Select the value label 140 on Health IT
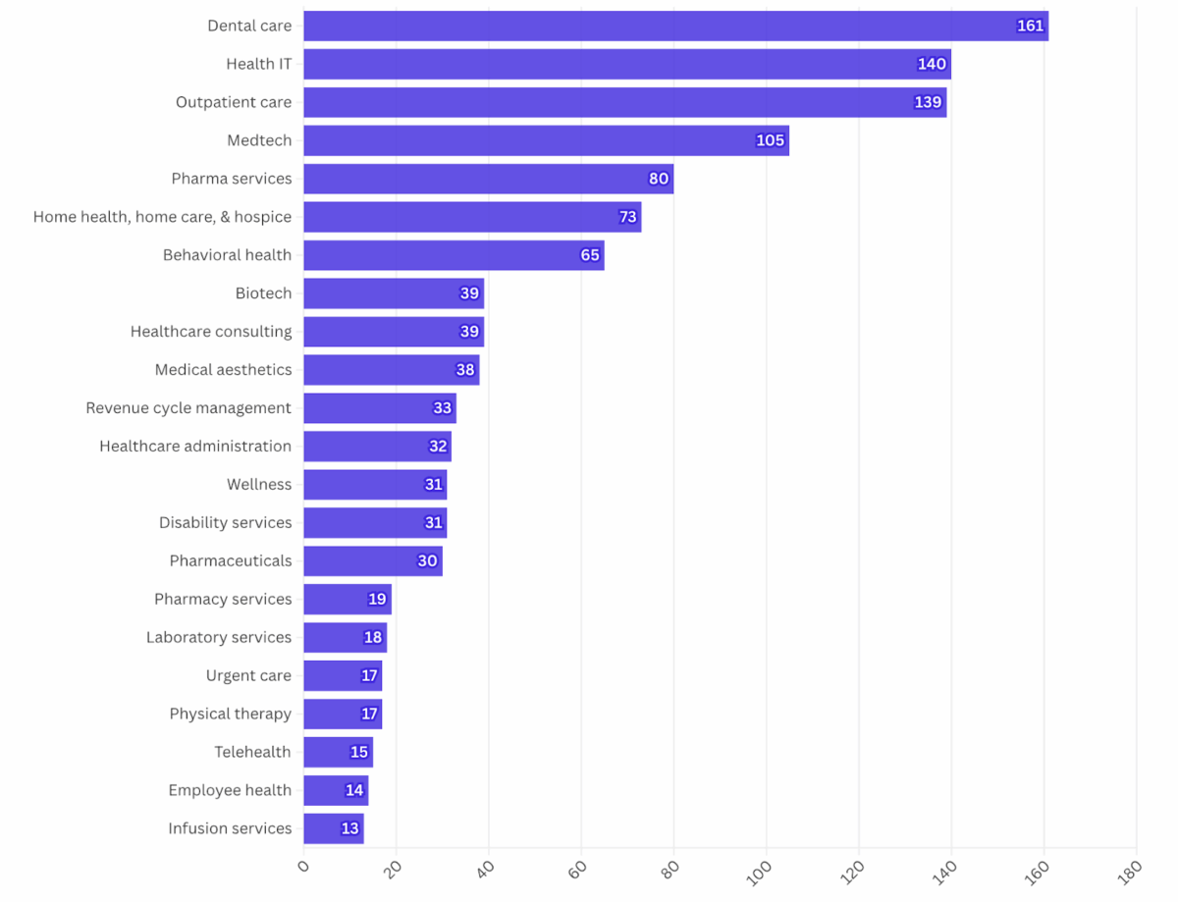(x=932, y=64)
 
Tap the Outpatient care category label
(x=234, y=102)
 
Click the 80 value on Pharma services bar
(x=658, y=179)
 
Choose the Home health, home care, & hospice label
(x=162, y=217)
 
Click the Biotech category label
(x=263, y=293)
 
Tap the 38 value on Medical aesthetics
(x=465, y=370)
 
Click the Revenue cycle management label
(x=188, y=408)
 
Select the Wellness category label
(x=259, y=485)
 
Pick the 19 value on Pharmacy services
(x=377, y=599)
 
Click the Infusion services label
(x=230, y=828)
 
